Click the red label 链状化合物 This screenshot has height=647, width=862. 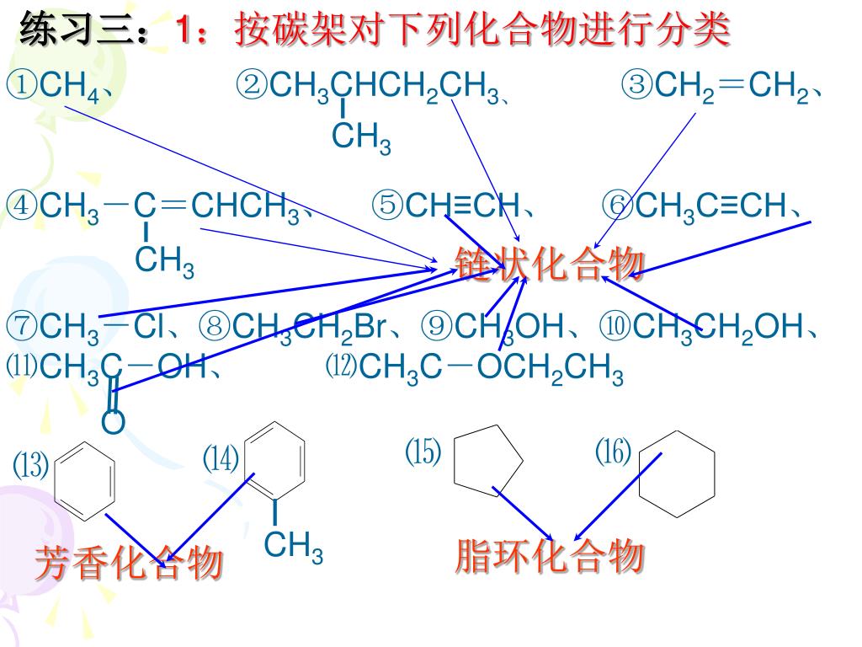coord(550,264)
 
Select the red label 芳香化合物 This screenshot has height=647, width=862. coord(128,563)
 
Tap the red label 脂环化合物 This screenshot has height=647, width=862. coord(550,557)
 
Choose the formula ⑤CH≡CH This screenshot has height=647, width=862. coord(455,205)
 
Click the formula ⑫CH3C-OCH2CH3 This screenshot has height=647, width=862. coord(476,368)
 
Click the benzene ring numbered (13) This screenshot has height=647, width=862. coord(82,479)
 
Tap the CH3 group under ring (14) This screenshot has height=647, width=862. coord(293,547)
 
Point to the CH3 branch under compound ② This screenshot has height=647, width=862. coord(361,137)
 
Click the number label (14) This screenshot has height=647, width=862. coord(221,460)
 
